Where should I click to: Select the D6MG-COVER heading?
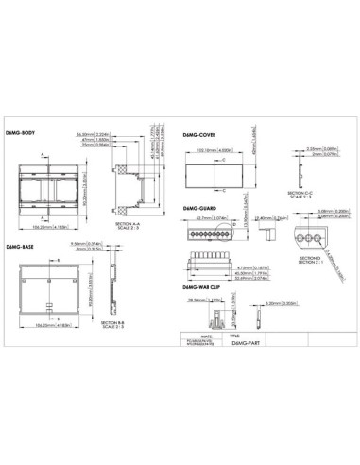point(196,135)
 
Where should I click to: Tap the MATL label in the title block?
point(185,334)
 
